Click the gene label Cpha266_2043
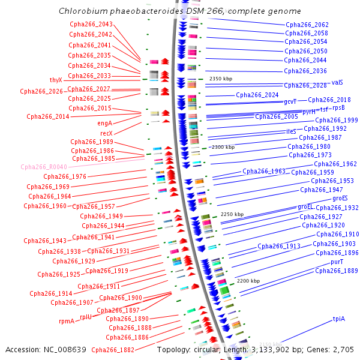91,24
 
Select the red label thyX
55,80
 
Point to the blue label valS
337,82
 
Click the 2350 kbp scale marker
220,79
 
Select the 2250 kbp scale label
232,214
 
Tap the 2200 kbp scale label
248,281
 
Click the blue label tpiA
339,319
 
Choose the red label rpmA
66,321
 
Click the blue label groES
340,198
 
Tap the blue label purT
337,262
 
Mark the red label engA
104,123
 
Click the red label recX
106,133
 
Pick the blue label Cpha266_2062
306,25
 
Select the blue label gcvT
290,102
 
